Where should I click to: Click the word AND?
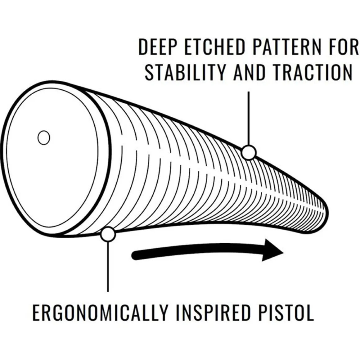pyautogui.click(x=250, y=72)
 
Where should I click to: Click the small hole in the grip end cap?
pyautogui.click(x=44, y=138)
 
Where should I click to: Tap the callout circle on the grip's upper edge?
pyautogui.click(x=248, y=152)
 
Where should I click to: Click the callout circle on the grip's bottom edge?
pyautogui.click(x=108, y=234)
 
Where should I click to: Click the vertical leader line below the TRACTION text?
pyautogui.click(x=248, y=118)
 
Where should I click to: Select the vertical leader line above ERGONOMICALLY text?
pyautogui.click(x=108, y=266)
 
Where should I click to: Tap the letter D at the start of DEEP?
pyautogui.click(x=143, y=47)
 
